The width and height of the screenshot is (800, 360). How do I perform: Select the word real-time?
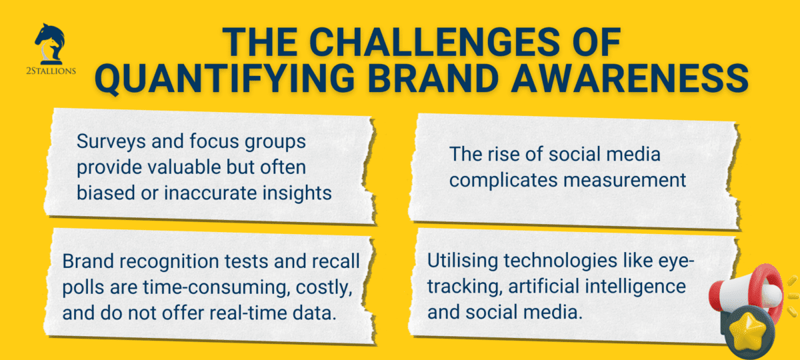[x=235, y=312]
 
